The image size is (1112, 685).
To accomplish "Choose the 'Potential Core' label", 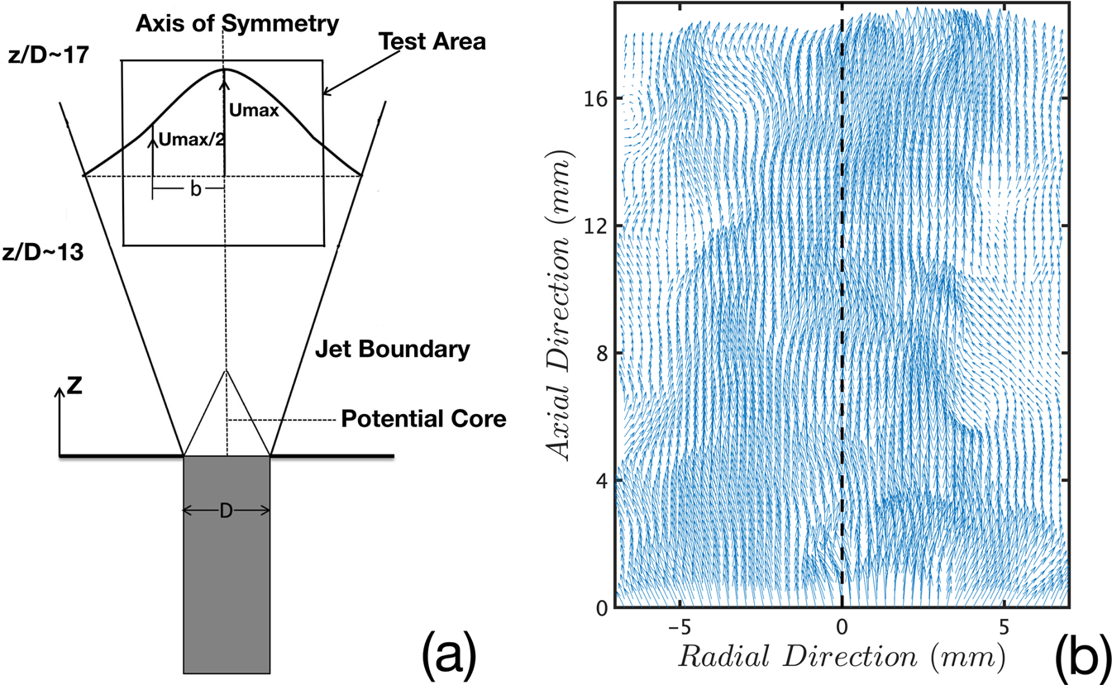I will pos(422,419).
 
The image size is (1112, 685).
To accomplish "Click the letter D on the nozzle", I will pos(226,512).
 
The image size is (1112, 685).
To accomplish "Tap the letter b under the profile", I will pos(195,189).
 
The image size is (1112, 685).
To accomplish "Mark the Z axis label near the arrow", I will pos(74,386).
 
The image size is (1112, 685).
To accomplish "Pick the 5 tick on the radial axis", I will pos(1005,628).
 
